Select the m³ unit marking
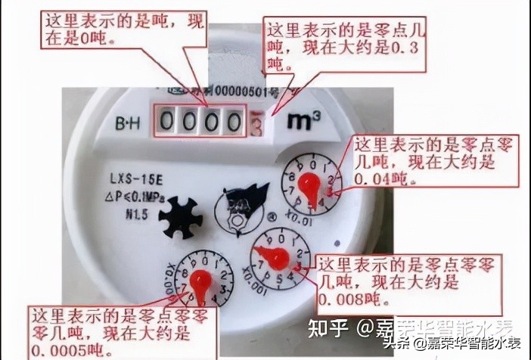click(302, 120)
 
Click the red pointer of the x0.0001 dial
click(200, 281)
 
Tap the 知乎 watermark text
click(331, 330)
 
